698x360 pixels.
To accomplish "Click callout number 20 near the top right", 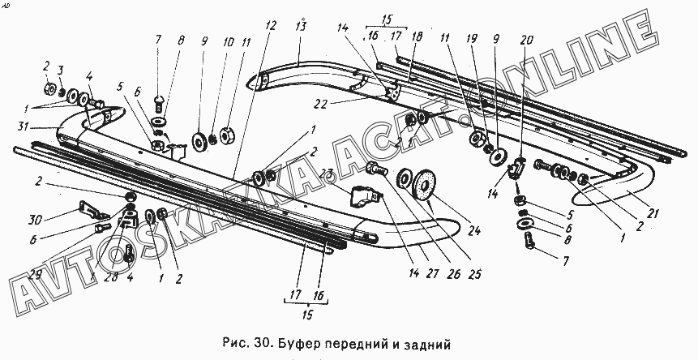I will pos(528,40).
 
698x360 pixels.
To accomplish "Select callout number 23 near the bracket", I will pos(328,172).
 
